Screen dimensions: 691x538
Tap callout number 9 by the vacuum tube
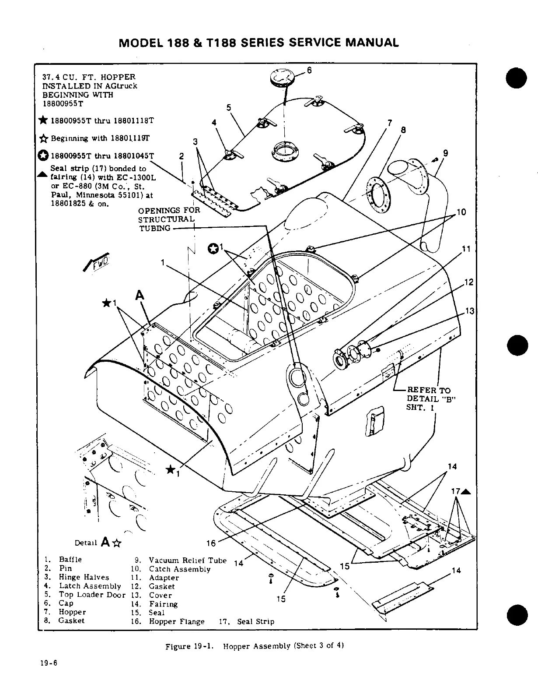(x=445, y=153)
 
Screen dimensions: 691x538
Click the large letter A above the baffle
(x=140, y=296)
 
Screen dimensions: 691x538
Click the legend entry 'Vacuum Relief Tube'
(x=188, y=561)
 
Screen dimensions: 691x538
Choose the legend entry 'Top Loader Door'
(x=92, y=595)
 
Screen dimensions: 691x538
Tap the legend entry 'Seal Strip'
(x=255, y=621)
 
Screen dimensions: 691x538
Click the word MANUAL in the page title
(x=371, y=42)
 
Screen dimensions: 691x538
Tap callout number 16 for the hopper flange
(x=211, y=543)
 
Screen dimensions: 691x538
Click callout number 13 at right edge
(x=470, y=311)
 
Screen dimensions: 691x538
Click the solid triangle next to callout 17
(x=466, y=491)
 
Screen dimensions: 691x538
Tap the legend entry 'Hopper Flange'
(x=176, y=621)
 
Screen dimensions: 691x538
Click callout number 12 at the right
(x=469, y=282)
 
